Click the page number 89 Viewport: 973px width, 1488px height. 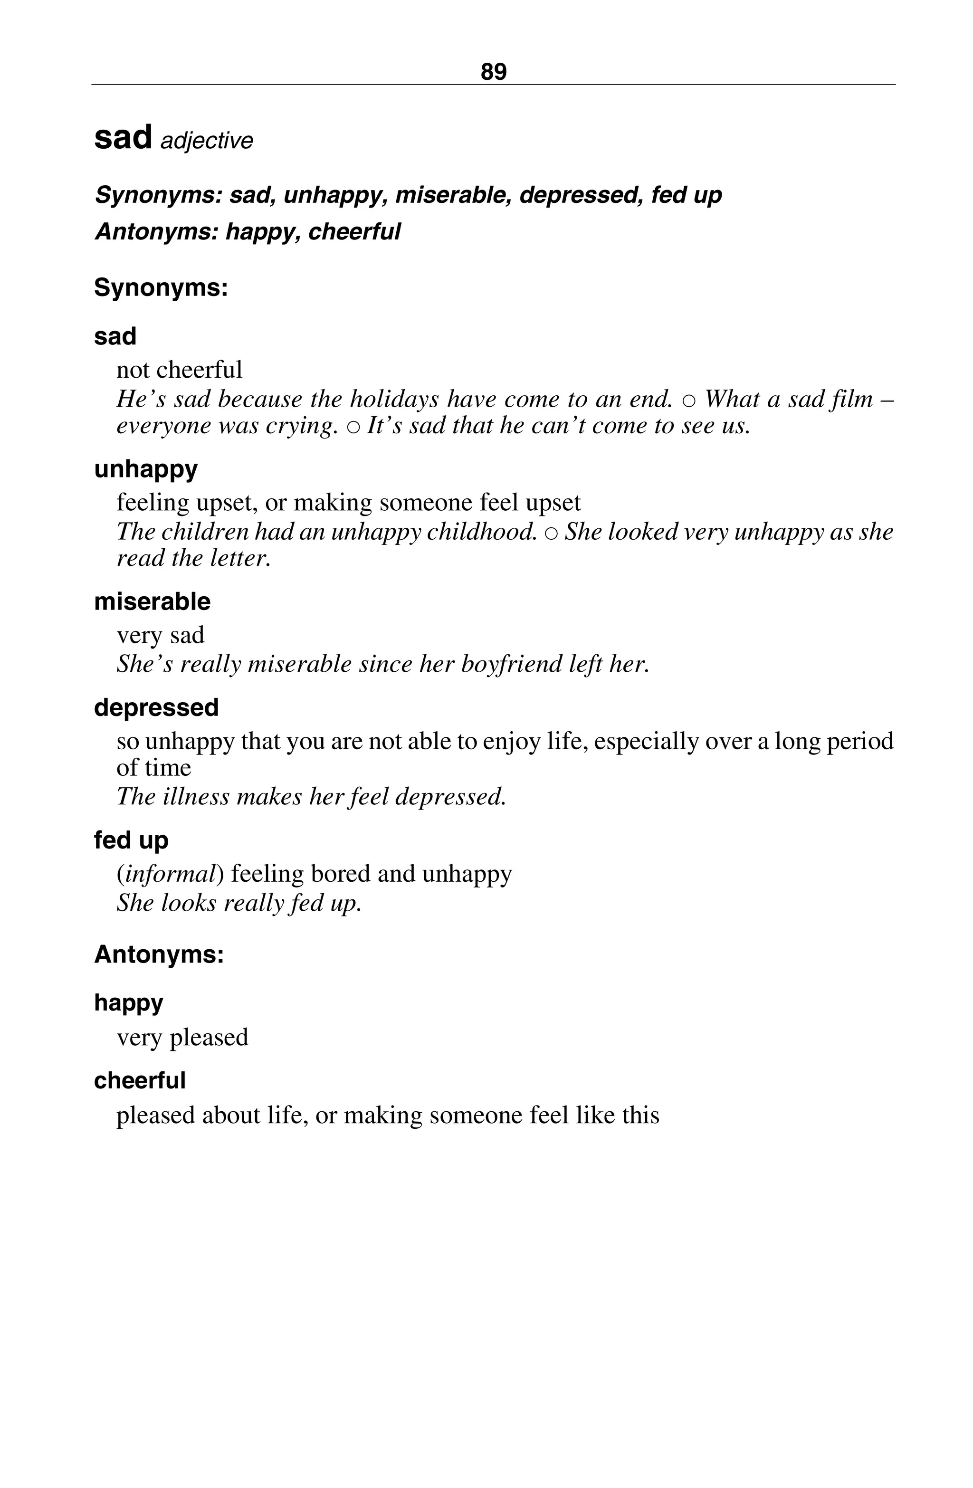[x=493, y=72]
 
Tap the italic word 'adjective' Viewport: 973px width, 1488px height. [x=206, y=141]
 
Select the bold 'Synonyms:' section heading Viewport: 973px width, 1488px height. [x=161, y=287]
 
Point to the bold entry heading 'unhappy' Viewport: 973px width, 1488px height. [x=146, y=469]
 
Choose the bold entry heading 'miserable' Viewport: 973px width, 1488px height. [x=152, y=601]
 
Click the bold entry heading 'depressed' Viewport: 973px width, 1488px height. [x=156, y=707]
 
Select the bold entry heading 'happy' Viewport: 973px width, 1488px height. [x=128, y=1002]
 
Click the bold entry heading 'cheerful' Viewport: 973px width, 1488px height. [x=140, y=1080]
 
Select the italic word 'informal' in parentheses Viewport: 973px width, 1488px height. [x=170, y=873]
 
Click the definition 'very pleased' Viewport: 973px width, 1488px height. [x=182, y=1037]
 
